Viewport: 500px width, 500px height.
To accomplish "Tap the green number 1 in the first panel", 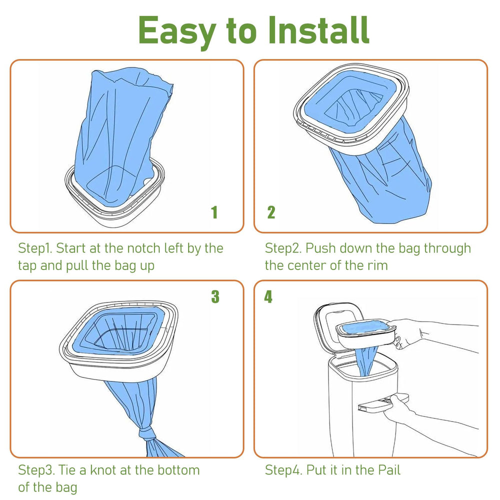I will (x=214, y=212).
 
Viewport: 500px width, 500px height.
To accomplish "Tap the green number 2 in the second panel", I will (x=271, y=212).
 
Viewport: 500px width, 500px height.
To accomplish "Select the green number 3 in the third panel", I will (x=215, y=297).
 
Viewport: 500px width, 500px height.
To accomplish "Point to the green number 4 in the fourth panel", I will (x=268, y=297).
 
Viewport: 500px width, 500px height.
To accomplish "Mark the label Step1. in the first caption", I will (x=37, y=248).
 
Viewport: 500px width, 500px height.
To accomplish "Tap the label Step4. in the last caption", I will (x=284, y=470).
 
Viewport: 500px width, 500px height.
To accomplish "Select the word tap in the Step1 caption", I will (x=27, y=265).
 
